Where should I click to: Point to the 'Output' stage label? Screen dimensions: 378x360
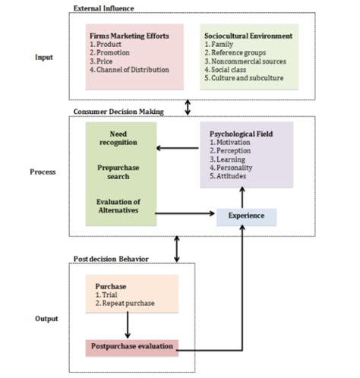coord(47,319)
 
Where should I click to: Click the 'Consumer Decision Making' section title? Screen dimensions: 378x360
coord(123,112)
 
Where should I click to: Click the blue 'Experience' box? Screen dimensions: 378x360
coord(246,216)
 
